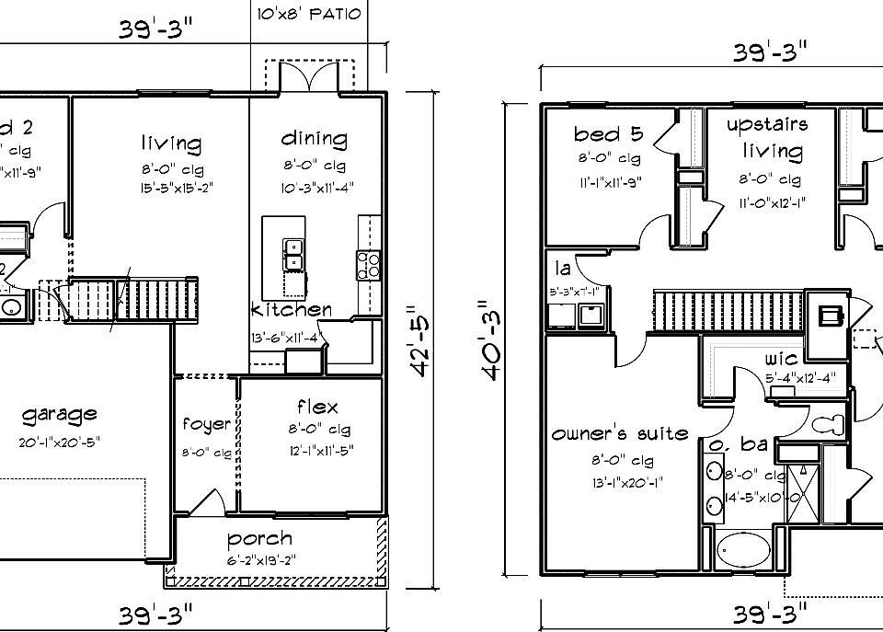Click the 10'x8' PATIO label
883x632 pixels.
pyautogui.click(x=310, y=15)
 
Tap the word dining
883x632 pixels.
pyautogui.click(x=314, y=139)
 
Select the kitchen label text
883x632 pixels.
pyautogui.click(x=291, y=309)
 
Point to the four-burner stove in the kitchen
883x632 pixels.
pyautogui.click(x=368, y=265)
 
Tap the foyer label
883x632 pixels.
pyautogui.click(x=207, y=424)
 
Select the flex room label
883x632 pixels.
pyautogui.click(x=316, y=407)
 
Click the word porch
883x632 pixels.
pyautogui.click(x=260, y=538)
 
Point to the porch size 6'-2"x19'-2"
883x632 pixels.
pyautogui.click(x=260, y=560)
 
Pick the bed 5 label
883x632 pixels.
pyautogui.click(x=609, y=135)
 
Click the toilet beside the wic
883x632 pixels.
pyautogui.click(x=831, y=425)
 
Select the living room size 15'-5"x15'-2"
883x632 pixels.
pyautogui.click(x=171, y=190)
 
